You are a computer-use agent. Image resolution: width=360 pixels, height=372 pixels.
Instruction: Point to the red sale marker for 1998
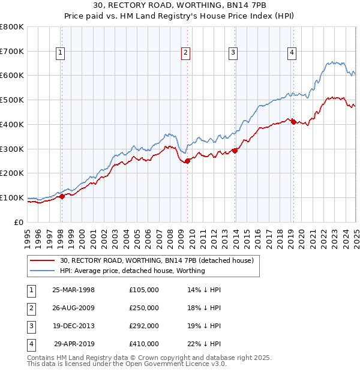(x=62, y=196)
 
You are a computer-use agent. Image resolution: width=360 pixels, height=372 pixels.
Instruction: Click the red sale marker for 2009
(x=187, y=161)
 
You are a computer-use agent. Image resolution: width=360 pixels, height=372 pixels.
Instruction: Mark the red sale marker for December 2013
(x=235, y=151)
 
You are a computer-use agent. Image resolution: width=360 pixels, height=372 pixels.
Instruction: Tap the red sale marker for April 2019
(x=293, y=122)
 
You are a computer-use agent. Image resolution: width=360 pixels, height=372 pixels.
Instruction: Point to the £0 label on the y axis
(x=19, y=222)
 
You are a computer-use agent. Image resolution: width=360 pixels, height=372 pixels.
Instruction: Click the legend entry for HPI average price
(x=132, y=271)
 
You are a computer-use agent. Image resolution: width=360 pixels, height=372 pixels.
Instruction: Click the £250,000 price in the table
(x=144, y=308)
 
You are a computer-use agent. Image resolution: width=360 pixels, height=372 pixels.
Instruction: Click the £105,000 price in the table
(x=144, y=290)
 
